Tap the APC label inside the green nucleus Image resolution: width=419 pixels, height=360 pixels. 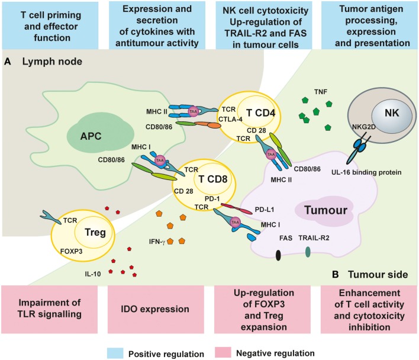click(x=91, y=136)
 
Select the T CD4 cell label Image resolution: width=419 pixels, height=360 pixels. click(x=260, y=113)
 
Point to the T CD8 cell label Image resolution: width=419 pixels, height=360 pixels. click(x=212, y=179)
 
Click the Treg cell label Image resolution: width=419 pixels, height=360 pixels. click(x=95, y=232)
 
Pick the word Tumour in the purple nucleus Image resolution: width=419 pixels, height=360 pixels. click(x=325, y=210)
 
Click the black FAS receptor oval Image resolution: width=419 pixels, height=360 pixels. click(x=278, y=255)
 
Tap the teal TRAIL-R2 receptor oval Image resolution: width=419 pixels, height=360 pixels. click(x=308, y=252)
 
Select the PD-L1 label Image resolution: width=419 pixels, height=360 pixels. click(x=265, y=210)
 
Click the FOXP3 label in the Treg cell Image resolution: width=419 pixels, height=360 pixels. click(x=72, y=251)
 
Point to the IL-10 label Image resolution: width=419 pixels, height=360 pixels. click(x=93, y=274)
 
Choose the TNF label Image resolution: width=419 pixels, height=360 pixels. click(x=321, y=92)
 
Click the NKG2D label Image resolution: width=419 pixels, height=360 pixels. click(x=364, y=127)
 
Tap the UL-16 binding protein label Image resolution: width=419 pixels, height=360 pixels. click(x=366, y=172)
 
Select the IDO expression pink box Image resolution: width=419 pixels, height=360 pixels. click(x=156, y=310)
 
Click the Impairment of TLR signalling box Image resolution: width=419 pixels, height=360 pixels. click(x=50, y=310)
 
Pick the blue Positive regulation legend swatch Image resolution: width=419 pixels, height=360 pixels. click(x=115, y=353)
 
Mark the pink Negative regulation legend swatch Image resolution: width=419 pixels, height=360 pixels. click(x=223, y=352)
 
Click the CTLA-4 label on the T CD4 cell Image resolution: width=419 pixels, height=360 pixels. click(x=230, y=119)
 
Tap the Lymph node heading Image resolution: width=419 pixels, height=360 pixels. click(x=52, y=62)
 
